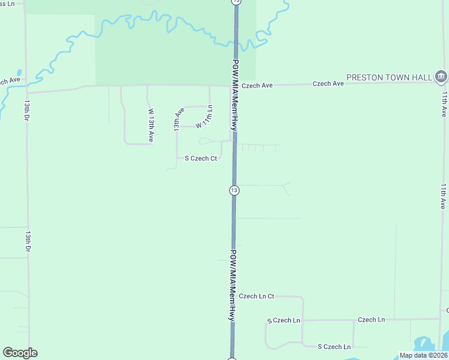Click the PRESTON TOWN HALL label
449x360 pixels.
(x=389, y=77)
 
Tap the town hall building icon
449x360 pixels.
(x=441, y=77)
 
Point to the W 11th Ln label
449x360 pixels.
(x=205, y=116)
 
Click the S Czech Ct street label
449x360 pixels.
(x=200, y=158)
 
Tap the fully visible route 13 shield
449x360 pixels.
(x=234, y=190)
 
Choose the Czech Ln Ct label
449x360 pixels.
(x=256, y=296)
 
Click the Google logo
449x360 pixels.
(x=20, y=353)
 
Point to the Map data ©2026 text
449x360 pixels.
(x=423, y=355)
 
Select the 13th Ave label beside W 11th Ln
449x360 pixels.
(x=178, y=120)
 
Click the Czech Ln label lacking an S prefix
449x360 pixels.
(x=371, y=320)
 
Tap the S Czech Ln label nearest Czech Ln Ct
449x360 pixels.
(x=283, y=320)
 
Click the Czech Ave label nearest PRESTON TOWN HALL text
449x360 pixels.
(x=328, y=83)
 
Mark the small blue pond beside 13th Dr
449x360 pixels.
(x=20, y=74)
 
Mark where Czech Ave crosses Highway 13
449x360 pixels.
(x=235, y=85)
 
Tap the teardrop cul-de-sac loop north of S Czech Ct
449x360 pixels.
(x=205, y=142)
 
